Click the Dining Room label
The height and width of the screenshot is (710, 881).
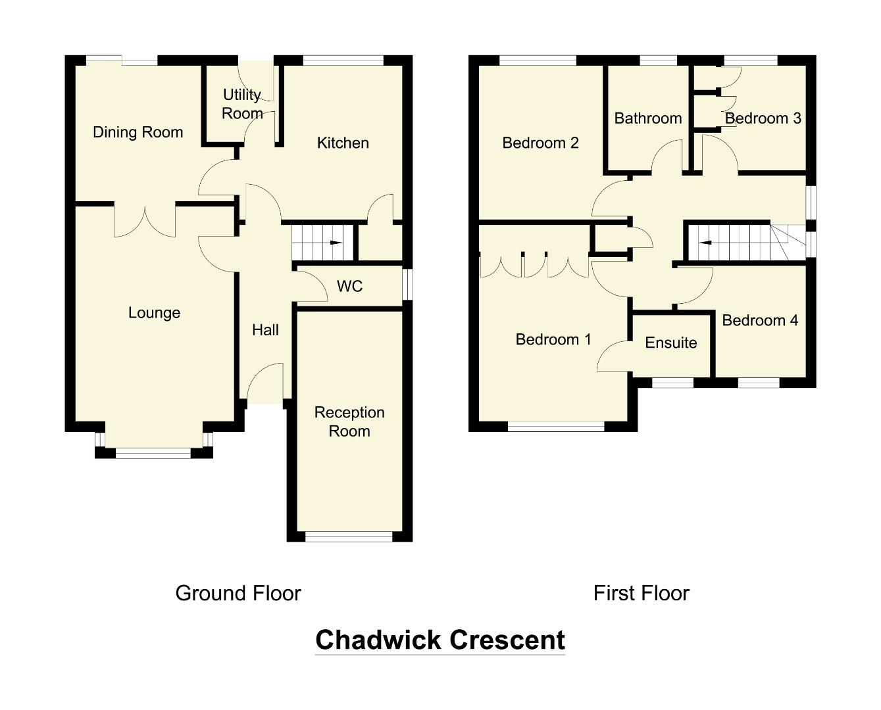138,132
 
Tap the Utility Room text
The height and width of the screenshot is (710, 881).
242,104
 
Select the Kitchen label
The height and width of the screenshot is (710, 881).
343,143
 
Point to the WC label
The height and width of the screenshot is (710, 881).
349,286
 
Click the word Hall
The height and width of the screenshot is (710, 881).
265,330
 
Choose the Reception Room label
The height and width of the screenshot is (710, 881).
349,421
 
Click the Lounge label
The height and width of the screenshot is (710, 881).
154,313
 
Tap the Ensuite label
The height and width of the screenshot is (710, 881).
670,343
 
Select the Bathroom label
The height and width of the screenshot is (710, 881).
647,118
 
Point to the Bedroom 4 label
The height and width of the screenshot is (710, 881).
760,320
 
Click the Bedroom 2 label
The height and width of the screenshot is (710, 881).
540,143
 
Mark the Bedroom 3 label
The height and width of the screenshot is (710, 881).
763,118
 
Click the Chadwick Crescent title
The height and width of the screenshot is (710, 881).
440,640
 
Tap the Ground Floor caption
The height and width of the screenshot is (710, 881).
238,593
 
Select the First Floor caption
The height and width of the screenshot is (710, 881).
641,593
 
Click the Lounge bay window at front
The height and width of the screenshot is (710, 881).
153,452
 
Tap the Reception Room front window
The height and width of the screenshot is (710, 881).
349,536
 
